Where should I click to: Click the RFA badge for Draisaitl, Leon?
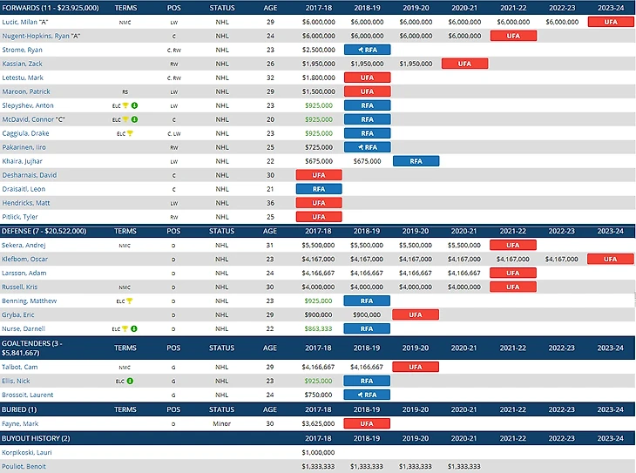pyautogui.click(x=319, y=189)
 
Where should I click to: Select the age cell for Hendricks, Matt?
pyautogui.click(x=269, y=203)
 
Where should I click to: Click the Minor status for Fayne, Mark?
pyautogui.click(x=222, y=423)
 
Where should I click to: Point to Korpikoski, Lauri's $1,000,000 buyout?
pyautogui.click(x=319, y=452)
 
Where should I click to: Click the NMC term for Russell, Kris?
pyautogui.click(x=125, y=287)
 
